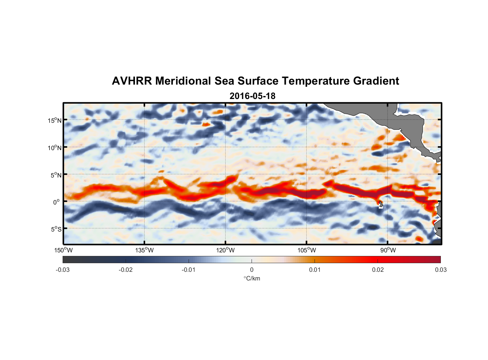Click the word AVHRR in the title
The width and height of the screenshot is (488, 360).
pyautogui.click(x=132, y=81)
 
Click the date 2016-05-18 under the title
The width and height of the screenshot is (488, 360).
pyautogui.click(x=252, y=96)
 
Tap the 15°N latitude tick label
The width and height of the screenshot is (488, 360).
pyautogui.click(x=55, y=120)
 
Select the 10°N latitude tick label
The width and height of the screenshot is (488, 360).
pyautogui.click(x=55, y=148)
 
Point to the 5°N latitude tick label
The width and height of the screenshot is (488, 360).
pyautogui.click(x=56, y=175)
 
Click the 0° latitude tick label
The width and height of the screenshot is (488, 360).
pyautogui.click(x=57, y=202)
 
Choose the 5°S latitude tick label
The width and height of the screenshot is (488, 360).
pyautogui.click(x=56, y=229)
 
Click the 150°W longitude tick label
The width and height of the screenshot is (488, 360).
pyautogui.click(x=63, y=250)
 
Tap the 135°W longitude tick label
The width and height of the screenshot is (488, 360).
pyautogui.click(x=144, y=250)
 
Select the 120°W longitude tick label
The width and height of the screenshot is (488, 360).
pyautogui.click(x=226, y=250)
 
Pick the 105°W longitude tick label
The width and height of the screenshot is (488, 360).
pyautogui.click(x=307, y=250)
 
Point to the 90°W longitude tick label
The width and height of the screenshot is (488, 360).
pyautogui.click(x=388, y=250)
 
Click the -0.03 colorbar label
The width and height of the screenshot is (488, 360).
pyautogui.click(x=63, y=270)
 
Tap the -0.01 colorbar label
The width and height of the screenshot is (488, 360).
pyautogui.click(x=189, y=270)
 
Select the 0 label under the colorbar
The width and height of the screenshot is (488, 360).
pyautogui.click(x=252, y=270)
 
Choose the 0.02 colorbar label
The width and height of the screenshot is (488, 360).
pyautogui.click(x=378, y=270)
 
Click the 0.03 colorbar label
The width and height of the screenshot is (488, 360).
pyautogui.click(x=440, y=270)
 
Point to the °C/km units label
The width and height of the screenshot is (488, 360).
pyautogui.click(x=252, y=278)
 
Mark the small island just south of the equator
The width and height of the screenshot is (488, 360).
pyautogui.click(x=381, y=205)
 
